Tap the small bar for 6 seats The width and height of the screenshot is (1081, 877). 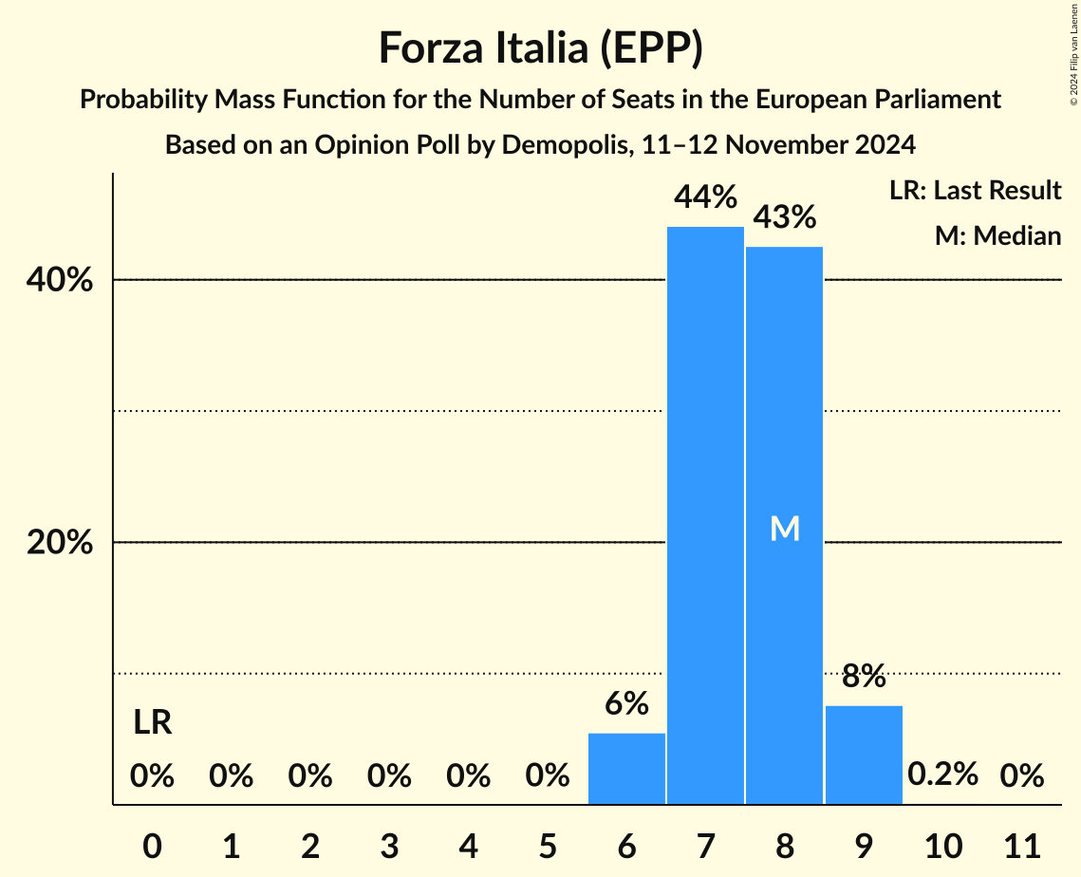[x=626, y=769]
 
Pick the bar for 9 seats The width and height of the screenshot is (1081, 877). [x=864, y=755]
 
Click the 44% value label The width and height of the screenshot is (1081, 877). [x=705, y=197]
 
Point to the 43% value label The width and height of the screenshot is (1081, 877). [x=784, y=217]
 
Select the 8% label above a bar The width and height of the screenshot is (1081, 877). [x=864, y=677]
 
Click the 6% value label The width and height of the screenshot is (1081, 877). [x=626, y=703]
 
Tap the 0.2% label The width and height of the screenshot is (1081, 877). [x=942, y=774]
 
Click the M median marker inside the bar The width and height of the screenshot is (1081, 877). [x=785, y=529]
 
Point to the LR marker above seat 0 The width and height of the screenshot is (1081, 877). [x=152, y=723]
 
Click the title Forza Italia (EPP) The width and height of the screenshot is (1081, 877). [x=540, y=47]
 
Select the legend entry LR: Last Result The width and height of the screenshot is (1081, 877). [x=975, y=191]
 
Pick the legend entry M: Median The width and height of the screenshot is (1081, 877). [x=997, y=235]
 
